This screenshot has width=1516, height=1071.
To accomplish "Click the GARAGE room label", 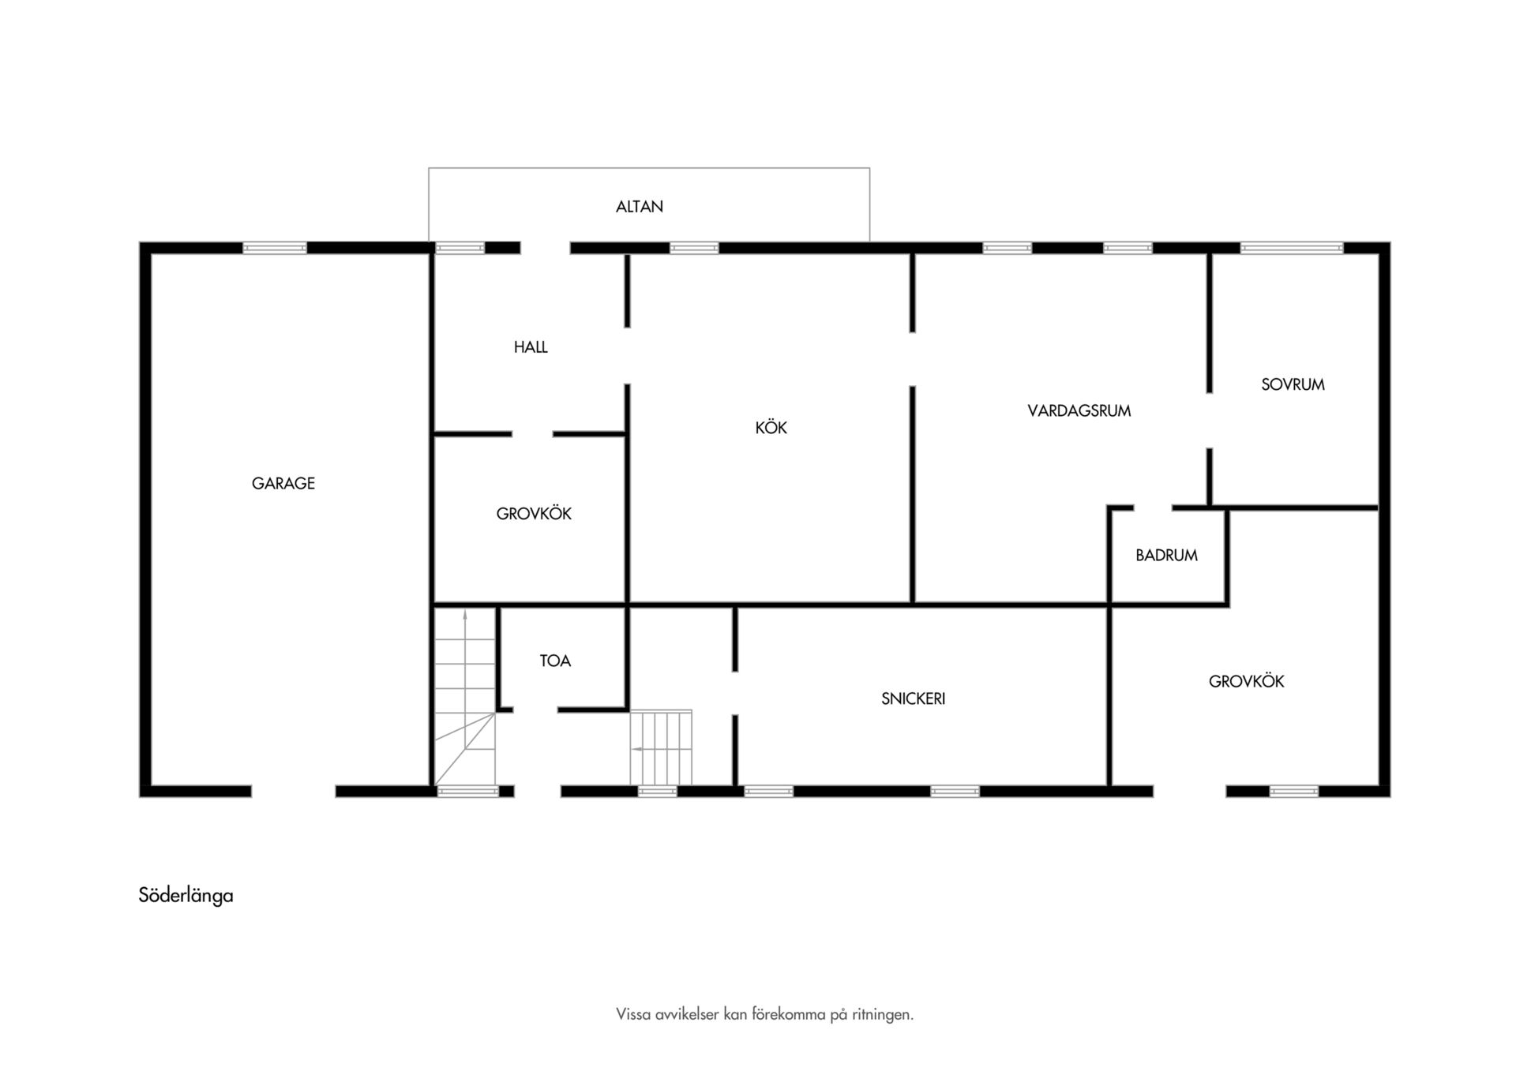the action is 283,483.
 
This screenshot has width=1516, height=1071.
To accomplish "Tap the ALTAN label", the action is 640,207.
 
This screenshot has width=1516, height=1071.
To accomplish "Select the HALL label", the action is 531,347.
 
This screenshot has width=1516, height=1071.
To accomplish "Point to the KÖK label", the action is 771,427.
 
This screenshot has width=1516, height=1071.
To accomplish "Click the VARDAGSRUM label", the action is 1079,410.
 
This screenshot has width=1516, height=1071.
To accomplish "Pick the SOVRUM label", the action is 1293,384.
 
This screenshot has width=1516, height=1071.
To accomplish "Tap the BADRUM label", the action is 1167,556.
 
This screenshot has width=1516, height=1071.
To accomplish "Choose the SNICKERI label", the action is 914,698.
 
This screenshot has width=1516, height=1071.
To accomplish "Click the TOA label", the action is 555,661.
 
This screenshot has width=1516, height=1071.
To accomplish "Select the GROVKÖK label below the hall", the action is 534,513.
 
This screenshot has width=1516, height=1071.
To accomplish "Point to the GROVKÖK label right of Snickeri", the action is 1247,680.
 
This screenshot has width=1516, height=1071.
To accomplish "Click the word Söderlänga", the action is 186,896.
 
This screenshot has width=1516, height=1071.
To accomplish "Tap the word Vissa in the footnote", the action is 634,1014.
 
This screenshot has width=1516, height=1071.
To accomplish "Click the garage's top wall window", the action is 275,248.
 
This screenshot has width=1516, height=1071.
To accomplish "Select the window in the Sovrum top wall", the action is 1292,248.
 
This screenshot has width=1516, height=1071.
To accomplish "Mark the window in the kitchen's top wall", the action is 694,248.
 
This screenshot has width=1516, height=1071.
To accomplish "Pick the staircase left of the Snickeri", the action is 661,748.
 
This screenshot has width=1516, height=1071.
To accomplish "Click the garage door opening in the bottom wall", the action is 294,791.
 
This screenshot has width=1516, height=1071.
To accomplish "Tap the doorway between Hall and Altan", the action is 546,248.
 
